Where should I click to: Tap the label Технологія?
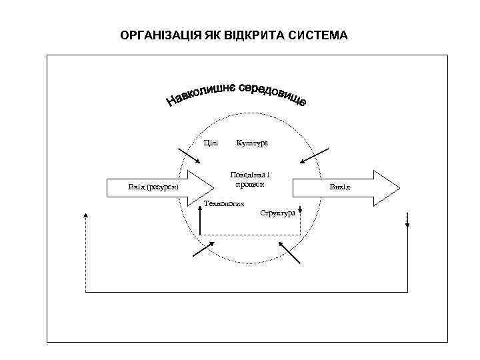(x=223, y=204)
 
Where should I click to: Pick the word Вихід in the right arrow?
(x=339, y=187)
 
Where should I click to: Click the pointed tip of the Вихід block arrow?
(x=399, y=187)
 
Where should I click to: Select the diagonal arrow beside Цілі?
(x=189, y=155)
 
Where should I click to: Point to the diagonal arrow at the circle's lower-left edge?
(x=203, y=249)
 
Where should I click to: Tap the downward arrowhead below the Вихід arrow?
(x=407, y=225)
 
